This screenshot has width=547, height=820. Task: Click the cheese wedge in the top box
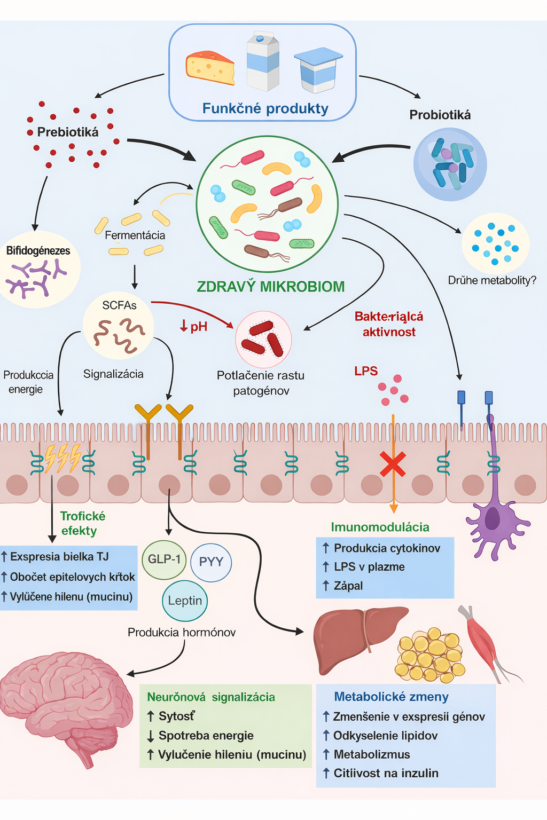210,68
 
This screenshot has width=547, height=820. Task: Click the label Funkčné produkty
265,108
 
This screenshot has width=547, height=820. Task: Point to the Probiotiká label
440,115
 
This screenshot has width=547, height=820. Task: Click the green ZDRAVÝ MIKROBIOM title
270,287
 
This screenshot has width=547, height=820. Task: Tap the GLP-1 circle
164,559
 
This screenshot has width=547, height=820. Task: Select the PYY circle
210,562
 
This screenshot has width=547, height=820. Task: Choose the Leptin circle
185,601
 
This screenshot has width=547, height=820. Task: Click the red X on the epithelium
393,463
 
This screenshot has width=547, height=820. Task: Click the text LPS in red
366,371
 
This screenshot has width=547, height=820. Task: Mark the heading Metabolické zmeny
391,697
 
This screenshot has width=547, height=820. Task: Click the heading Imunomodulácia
380,527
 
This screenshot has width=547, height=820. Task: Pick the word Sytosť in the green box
177,716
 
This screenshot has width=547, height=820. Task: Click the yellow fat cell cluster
430,654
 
